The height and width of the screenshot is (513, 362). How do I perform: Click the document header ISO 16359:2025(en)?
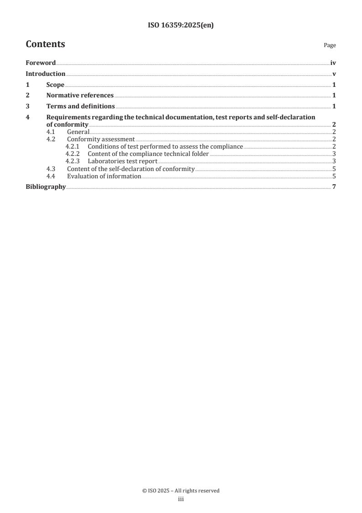pyautogui.click(x=181, y=26)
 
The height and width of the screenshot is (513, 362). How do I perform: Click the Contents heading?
pyautogui.click(x=45, y=44)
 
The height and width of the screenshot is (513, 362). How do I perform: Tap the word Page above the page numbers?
pyautogui.click(x=330, y=45)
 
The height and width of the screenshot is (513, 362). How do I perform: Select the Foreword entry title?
pyautogui.click(x=41, y=63)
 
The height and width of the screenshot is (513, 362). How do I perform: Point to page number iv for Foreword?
pyautogui.click(x=333, y=63)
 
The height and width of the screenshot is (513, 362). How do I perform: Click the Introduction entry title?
pyautogui.click(x=45, y=74)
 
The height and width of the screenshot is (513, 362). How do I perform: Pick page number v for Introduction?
pyautogui.click(x=334, y=74)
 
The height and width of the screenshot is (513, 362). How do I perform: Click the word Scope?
pyautogui.click(x=55, y=85)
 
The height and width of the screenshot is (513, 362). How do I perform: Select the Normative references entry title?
pyautogui.click(x=80, y=96)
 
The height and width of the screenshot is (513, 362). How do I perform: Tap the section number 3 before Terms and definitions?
pyautogui.click(x=27, y=107)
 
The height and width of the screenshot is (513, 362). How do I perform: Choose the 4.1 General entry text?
pyautogui.click(x=78, y=132)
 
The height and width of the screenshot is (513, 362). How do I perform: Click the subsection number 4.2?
pyautogui.click(x=51, y=139)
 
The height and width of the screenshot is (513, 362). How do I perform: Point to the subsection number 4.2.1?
pyautogui.click(x=72, y=146)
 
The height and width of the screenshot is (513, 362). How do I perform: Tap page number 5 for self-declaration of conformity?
pyautogui.click(x=334, y=169)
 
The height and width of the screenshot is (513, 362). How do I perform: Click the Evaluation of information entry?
pyautogui.click(x=104, y=176)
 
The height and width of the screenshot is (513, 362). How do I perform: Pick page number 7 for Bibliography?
pyautogui.click(x=334, y=187)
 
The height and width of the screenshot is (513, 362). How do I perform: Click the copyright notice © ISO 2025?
pyautogui.click(x=181, y=491)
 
